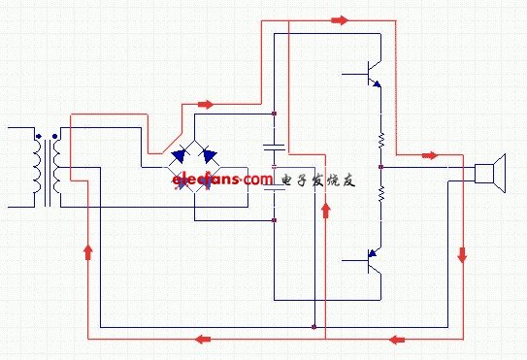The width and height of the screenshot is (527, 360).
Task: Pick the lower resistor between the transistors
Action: click(381, 194)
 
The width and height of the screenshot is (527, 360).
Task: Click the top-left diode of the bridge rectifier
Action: click(181, 154)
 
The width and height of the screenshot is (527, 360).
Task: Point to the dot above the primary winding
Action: click(38, 136)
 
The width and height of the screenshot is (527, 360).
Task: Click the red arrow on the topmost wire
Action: click(340, 19)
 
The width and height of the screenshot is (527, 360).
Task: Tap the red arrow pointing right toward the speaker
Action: click(430, 155)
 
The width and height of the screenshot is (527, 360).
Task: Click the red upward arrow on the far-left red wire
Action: click(88, 251)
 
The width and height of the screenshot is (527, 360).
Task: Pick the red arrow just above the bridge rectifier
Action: click(204, 102)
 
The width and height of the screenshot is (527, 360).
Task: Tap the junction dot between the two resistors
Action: click(381, 167)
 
